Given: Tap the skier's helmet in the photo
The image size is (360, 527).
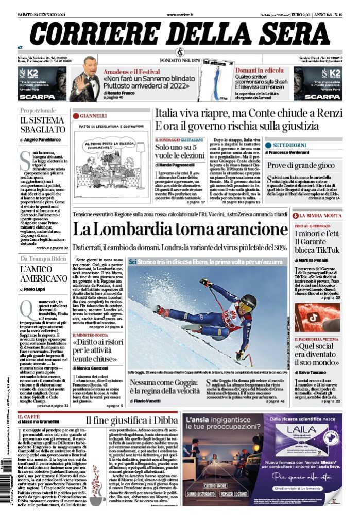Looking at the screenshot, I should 249,303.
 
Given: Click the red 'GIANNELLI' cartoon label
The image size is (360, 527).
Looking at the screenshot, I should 93,116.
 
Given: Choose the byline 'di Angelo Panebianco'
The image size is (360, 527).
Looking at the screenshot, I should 40,139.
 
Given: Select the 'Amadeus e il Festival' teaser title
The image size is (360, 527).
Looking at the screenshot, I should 130,71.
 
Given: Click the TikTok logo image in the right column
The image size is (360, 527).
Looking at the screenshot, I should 317,317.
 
